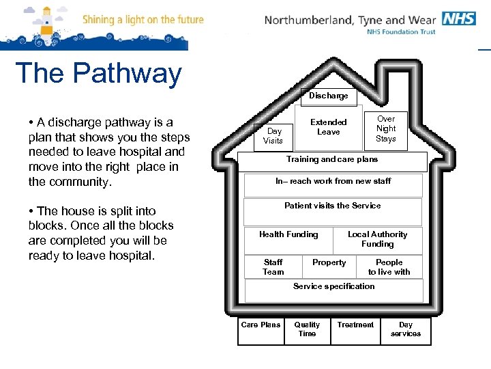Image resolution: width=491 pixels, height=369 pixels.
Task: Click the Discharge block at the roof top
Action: [x=329, y=96]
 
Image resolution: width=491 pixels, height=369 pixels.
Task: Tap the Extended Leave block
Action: [x=329, y=127]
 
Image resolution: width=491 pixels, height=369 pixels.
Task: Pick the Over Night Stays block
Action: [x=386, y=128]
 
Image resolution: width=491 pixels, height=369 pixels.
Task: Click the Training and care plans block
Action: [x=332, y=160]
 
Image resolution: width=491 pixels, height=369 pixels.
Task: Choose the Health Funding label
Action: [x=288, y=234]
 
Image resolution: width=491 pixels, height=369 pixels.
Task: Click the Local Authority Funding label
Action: [x=378, y=239]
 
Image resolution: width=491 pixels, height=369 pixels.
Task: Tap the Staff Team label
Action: [x=273, y=267]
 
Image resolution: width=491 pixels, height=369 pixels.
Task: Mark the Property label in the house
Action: [x=329, y=262]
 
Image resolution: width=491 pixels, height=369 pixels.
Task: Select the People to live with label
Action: [x=389, y=267]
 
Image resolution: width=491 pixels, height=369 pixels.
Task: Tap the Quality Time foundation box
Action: [x=307, y=330]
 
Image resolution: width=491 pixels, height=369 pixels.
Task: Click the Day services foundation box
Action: [x=406, y=330]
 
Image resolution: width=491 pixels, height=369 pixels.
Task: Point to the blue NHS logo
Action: [x=459, y=18]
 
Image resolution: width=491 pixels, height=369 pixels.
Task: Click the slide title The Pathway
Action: [x=98, y=73]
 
